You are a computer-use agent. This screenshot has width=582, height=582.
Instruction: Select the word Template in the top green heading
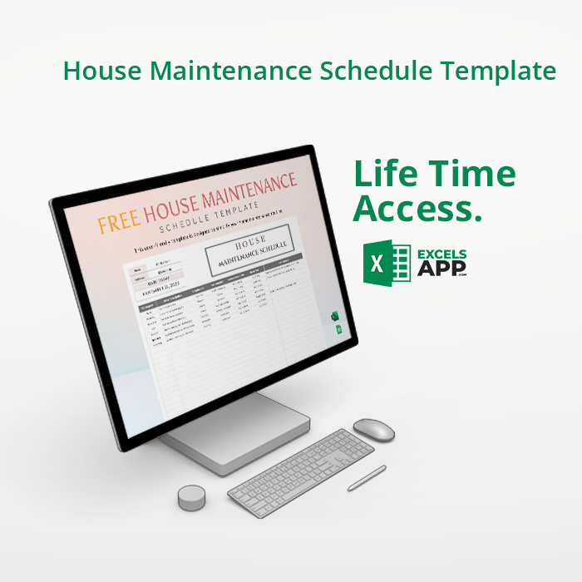click(498, 72)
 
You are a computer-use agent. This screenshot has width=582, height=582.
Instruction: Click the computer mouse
click(373, 429)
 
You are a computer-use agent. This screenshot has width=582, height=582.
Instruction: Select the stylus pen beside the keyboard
click(367, 478)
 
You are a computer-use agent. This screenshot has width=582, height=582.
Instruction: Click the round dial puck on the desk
click(192, 497)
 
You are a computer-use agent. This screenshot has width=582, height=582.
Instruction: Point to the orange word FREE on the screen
click(118, 222)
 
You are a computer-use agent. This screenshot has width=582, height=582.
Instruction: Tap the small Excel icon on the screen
click(335, 316)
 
